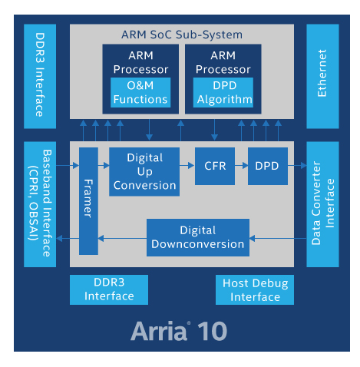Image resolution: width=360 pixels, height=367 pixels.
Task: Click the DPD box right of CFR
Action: [x=267, y=166]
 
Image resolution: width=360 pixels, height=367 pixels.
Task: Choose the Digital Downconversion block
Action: [x=198, y=237]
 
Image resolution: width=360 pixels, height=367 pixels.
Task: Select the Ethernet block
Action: [x=322, y=76]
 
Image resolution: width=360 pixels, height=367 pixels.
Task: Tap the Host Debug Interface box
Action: [x=256, y=290]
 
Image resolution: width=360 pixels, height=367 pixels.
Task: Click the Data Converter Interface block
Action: [x=322, y=204]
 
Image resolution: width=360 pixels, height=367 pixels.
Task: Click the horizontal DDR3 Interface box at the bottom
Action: [x=109, y=290]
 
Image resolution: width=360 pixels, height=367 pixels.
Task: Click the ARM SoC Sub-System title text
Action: [x=182, y=35]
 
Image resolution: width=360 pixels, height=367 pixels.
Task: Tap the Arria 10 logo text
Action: [x=182, y=331]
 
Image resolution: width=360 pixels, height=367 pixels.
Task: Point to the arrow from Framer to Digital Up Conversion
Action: [x=104, y=165]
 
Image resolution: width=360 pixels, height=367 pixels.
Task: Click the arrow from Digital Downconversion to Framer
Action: [x=123, y=238]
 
